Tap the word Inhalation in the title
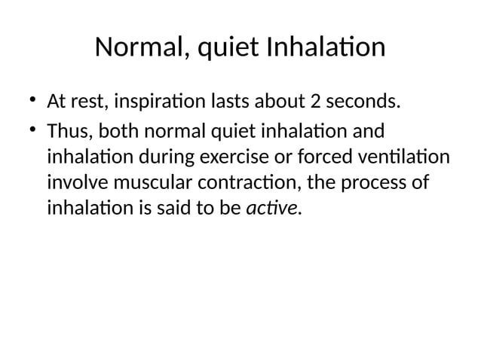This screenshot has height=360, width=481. tap(325, 48)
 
